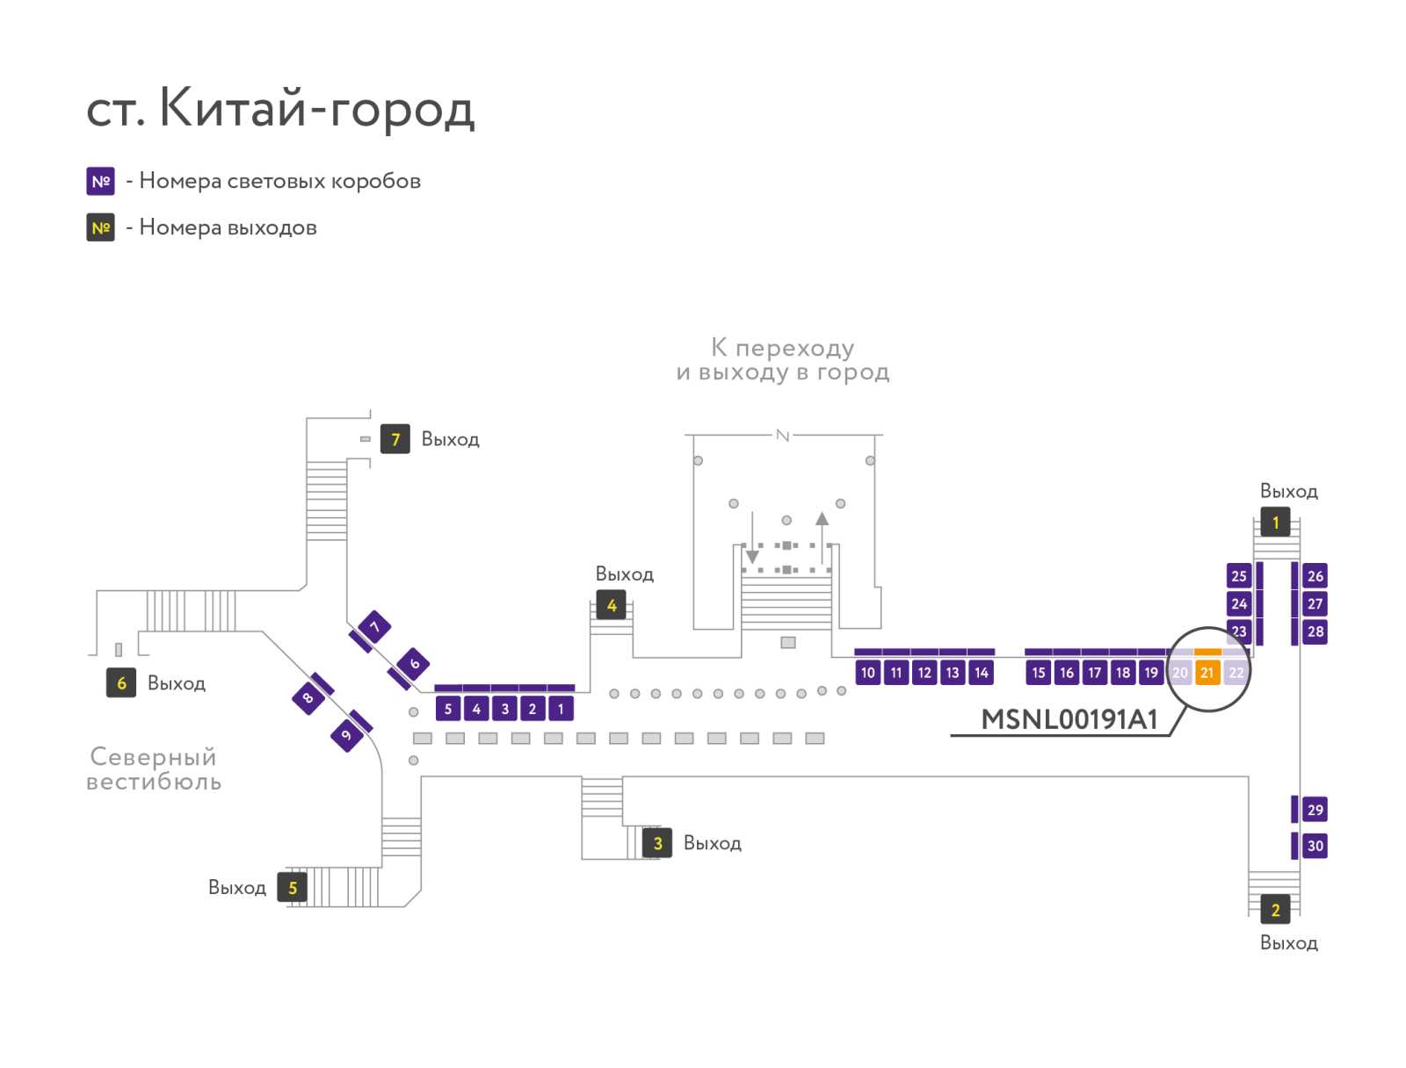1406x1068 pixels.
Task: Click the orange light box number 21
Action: click(x=1207, y=672)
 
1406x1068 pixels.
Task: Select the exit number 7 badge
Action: click(x=395, y=439)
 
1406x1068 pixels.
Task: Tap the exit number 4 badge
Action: click(x=611, y=605)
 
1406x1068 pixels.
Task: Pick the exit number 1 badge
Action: click(x=1275, y=523)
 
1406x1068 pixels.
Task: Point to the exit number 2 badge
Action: click(x=1275, y=909)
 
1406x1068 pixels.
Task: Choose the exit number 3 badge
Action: click(x=657, y=843)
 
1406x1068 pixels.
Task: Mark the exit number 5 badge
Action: click(x=292, y=888)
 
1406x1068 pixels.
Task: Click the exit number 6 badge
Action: click(x=121, y=682)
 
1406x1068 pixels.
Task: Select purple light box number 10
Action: click(x=867, y=672)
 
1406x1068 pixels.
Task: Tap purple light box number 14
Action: click(x=981, y=672)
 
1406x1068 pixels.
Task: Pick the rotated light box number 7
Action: click(x=374, y=627)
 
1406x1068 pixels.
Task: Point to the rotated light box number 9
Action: click(x=346, y=734)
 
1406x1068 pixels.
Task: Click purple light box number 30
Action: click(x=1315, y=845)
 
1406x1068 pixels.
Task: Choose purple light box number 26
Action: click(x=1315, y=575)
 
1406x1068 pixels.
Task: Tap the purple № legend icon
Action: click(x=100, y=181)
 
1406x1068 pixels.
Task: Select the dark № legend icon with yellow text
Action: click(x=100, y=227)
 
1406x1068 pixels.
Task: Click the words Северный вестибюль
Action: click(x=154, y=769)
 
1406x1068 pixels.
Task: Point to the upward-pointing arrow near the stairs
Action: click(x=822, y=538)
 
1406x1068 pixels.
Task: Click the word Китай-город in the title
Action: click(x=317, y=109)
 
